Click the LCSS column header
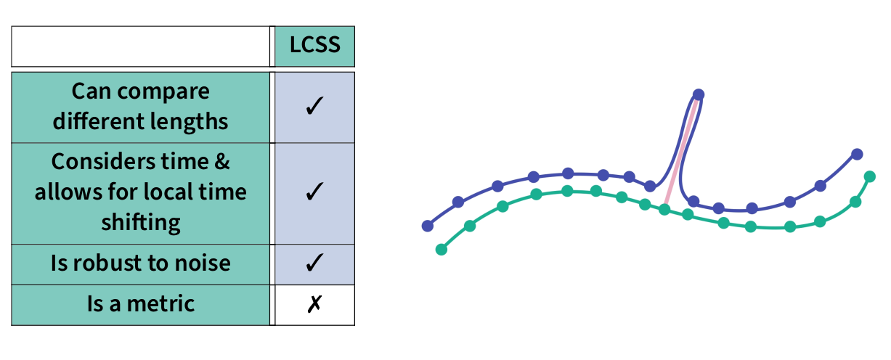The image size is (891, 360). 314,45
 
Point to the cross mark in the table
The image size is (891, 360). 314,304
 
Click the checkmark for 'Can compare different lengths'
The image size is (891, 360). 314,106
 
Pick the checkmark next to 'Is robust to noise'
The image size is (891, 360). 314,263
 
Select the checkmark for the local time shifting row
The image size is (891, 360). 314,192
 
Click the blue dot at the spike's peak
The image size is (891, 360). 699,94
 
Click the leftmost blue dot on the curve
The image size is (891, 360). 428,226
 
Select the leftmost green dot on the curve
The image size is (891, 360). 441,250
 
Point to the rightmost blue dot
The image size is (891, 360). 857,154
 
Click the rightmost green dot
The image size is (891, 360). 870,176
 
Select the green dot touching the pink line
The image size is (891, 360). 664,210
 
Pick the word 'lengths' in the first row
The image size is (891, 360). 192,121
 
